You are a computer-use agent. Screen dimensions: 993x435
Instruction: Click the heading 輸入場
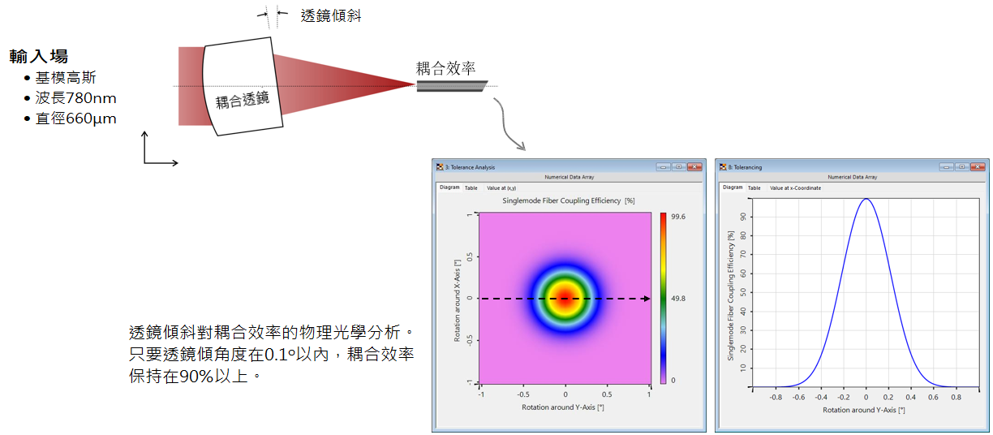pyautogui.click(x=39, y=56)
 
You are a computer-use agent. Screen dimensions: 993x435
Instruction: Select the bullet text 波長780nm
pyautogui.click(x=75, y=98)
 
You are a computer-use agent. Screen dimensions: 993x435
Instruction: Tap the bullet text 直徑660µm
pyautogui.click(x=75, y=118)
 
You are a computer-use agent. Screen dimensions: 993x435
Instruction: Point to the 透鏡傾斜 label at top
pyautogui.click(x=331, y=15)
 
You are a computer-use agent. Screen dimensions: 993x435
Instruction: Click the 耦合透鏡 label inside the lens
pyautogui.click(x=243, y=100)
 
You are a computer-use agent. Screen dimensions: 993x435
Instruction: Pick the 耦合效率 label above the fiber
pyautogui.click(x=445, y=68)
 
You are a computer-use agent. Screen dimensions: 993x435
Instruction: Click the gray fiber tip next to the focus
pyautogui.click(x=451, y=86)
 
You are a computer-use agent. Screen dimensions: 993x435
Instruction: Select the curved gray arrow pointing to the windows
pyautogui.click(x=509, y=124)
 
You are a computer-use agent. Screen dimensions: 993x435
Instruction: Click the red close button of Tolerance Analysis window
pyautogui.click(x=694, y=166)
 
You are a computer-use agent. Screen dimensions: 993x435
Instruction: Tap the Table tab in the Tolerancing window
pyautogui.click(x=754, y=188)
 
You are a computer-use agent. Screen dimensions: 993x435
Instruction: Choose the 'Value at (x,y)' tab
pyautogui.click(x=501, y=188)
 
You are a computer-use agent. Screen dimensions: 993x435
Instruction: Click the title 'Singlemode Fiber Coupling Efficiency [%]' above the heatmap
pyautogui.click(x=569, y=201)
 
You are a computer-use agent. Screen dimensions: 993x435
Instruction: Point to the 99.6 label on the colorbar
pyautogui.click(x=677, y=217)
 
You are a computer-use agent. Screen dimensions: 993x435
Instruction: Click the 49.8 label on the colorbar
pyautogui.click(x=677, y=299)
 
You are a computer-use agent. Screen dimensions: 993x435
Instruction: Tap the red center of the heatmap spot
pyautogui.click(x=565, y=298)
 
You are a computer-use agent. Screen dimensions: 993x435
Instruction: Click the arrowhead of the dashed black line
pyautogui.click(x=647, y=299)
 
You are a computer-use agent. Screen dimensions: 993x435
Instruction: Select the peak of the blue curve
pyautogui.click(x=866, y=199)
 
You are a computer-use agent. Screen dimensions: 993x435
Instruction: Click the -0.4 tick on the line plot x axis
pyautogui.click(x=821, y=398)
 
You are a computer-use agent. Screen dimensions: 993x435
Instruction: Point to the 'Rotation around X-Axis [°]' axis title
pyautogui.click(x=457, y=300)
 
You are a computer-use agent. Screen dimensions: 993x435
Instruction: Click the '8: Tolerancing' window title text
pyautogui.click(x=745, y=167)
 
